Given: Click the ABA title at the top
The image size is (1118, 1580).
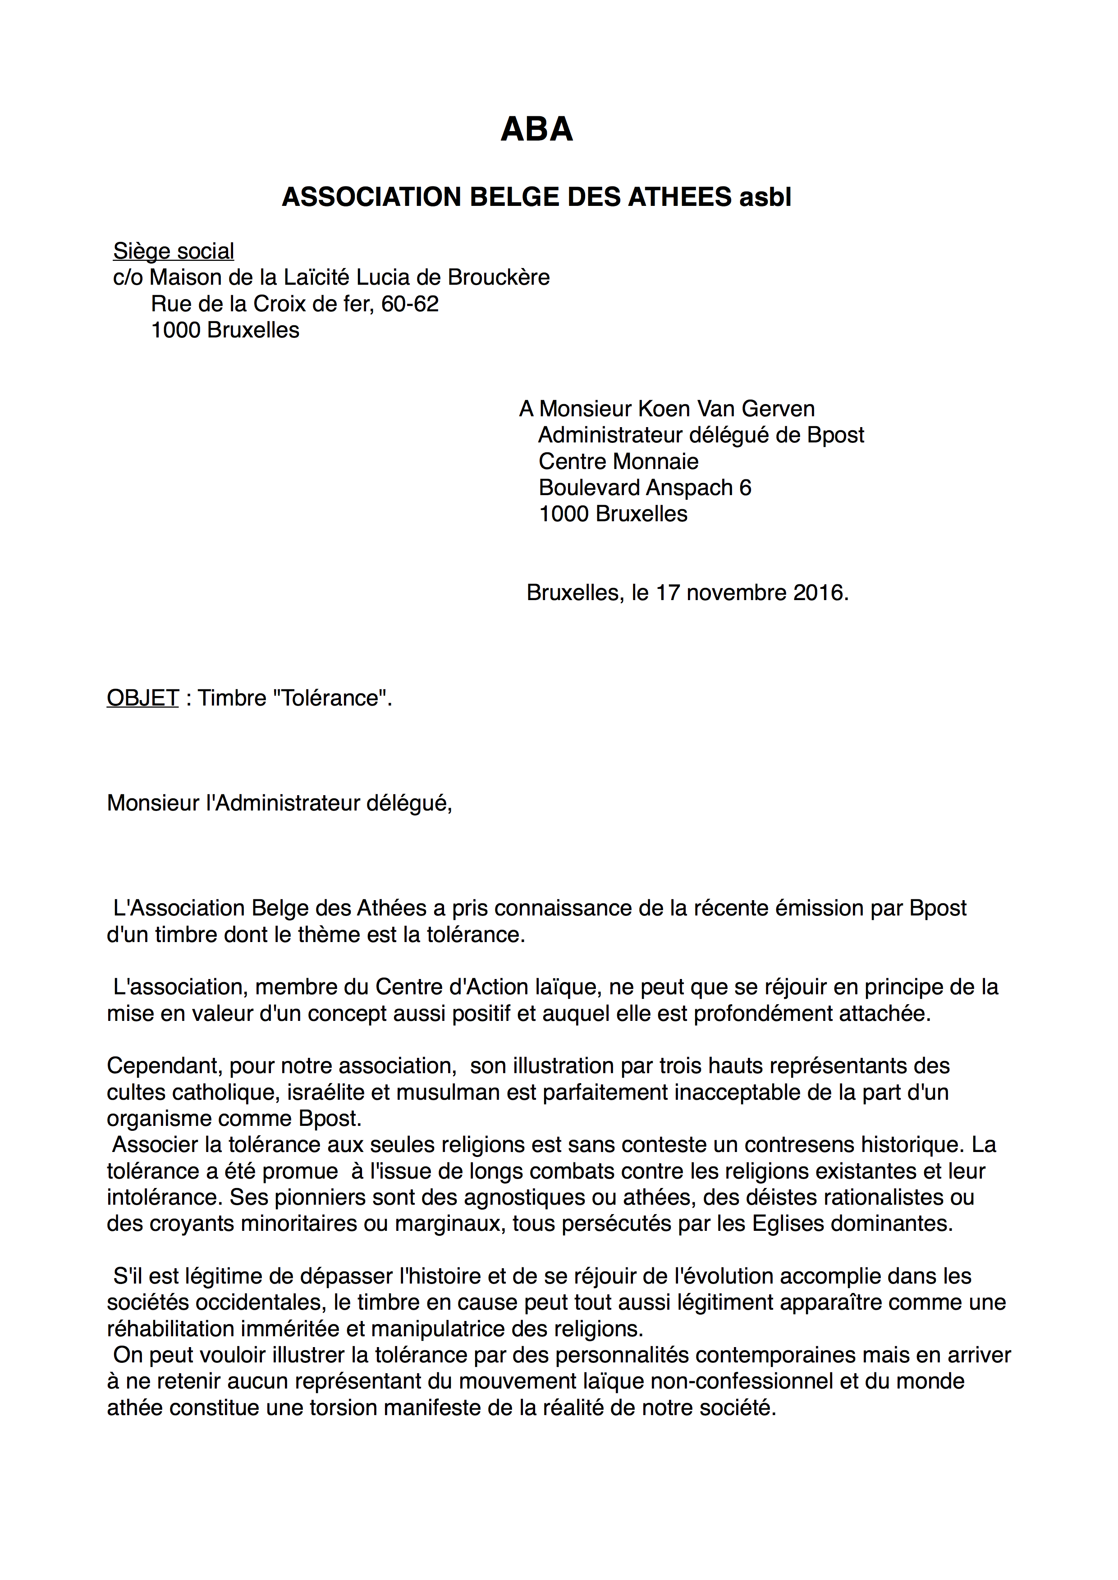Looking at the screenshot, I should point(536,129).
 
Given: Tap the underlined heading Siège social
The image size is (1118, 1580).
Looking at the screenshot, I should point(174,251).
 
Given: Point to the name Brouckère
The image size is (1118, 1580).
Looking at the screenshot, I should point(499,278).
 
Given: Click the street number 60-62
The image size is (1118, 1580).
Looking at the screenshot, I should point(410,304).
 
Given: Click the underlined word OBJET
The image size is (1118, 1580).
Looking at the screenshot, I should point(142,698).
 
